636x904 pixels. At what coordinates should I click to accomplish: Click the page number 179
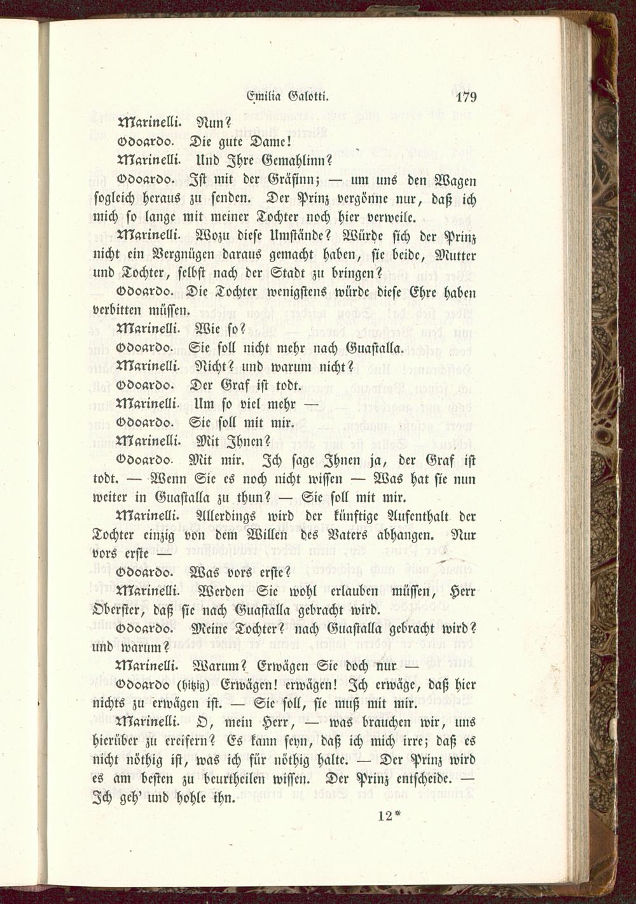pyautogui.click(x=466, y=97)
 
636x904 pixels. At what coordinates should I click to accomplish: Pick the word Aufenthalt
pyautogui.click(x=417, y=516)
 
